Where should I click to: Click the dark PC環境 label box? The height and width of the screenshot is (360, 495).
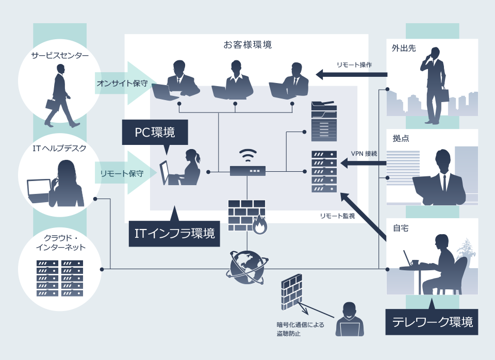(155, 133)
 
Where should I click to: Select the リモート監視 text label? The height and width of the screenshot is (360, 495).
(337, 216)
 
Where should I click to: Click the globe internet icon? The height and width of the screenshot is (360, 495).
(247, 267)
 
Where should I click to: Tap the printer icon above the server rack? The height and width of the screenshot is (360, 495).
(324, 122)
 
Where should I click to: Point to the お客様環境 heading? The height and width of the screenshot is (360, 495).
(247, 45)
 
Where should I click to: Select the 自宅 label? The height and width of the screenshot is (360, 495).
(400, 228)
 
